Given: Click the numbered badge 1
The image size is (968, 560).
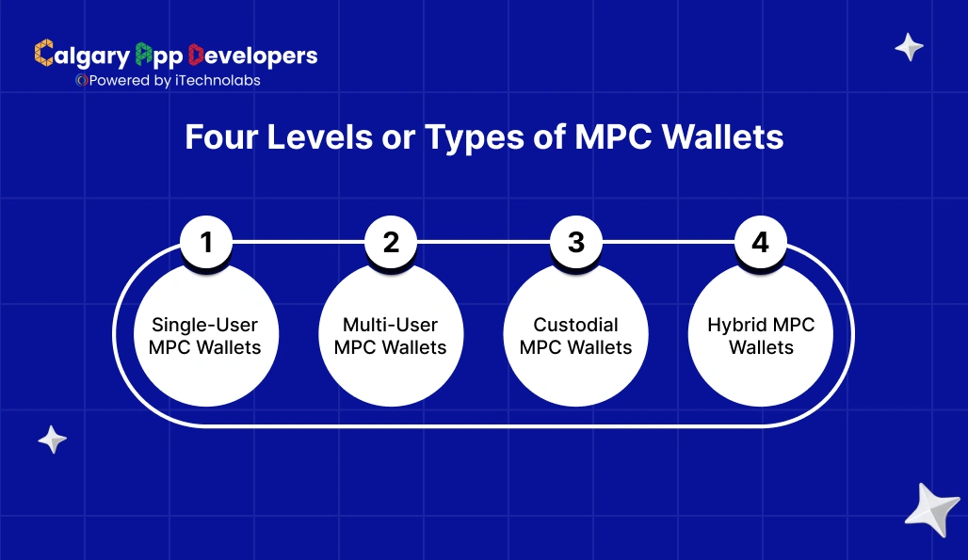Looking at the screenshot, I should [x=207, y=243].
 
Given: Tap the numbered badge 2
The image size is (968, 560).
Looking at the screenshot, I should [x=392, y=243].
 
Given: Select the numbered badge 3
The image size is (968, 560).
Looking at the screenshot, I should [x=576, y=243].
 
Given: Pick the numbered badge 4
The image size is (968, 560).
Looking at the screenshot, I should [x=761, y=243].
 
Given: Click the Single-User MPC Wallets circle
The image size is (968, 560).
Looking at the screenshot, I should [x=205, y=336].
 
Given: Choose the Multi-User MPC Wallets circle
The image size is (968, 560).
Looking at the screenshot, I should [x=391, y=336].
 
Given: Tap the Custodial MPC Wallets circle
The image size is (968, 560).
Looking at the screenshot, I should [x=576, y=336].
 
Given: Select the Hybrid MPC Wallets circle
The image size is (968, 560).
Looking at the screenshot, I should [x=761, y=336].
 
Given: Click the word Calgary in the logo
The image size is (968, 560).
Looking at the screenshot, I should [x=83, y=56].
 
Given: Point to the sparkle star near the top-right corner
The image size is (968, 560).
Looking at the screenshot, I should [x=909, y=47].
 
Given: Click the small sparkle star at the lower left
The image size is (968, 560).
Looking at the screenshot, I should [x=52, y=439].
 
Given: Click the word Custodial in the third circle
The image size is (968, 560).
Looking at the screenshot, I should [x=576, y=325].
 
